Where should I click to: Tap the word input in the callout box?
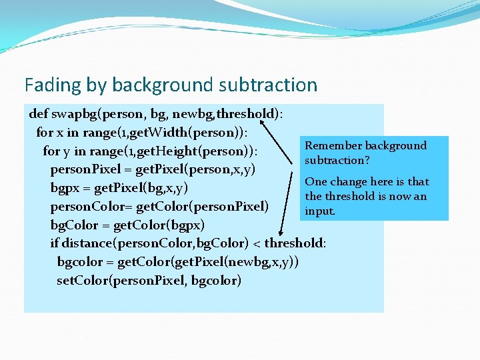320,211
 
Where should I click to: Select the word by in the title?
95,85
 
